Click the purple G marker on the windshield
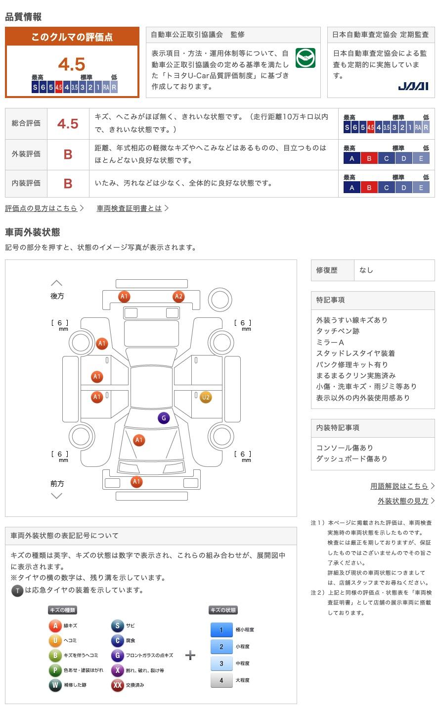click(x=164, y=418)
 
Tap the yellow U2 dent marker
click(x=206, y=397)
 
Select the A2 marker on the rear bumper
click(x=178, y=297)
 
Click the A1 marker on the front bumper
click(x=136, y=482)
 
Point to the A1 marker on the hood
click(x=139, y=440)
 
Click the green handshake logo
click(x=305, y=58)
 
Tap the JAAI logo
click(x=413, y=86)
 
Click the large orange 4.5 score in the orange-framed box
click(x=72, y=64)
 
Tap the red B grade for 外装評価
click(x=68, y=154)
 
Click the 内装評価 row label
click(x=26, y=183)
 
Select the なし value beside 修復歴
click(x=366, y=270)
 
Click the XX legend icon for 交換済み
click(x=117, y=685)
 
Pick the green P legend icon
click(x=55, y=670)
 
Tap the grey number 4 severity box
click(x=221, y=680)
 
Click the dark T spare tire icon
click(x=17, y=591)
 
